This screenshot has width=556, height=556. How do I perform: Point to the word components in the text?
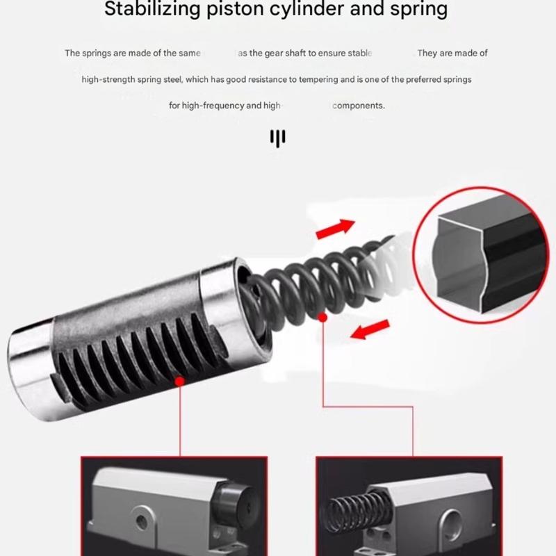coord(358,106)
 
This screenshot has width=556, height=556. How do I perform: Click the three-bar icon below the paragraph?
coord(278,138)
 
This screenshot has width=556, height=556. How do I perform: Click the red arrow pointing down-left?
coord(368,329)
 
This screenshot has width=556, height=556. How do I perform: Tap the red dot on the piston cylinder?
coord(180,381)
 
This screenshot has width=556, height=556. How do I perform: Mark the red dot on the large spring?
coord(322,317)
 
